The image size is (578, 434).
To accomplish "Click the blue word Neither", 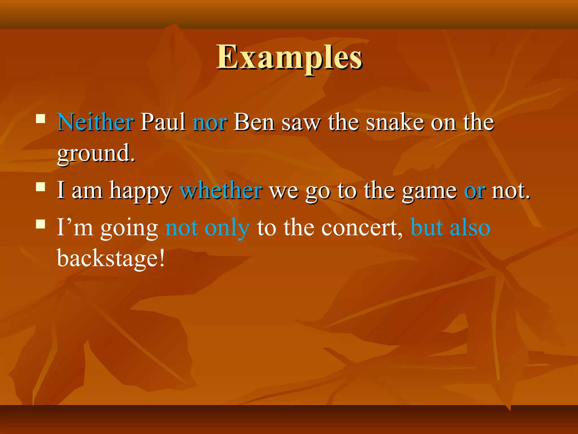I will coord(95,122).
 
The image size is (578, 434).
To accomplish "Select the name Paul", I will coord(163,122).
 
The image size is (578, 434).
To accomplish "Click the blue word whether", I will coord(221,190).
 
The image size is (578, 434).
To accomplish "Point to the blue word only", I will coord(227,228).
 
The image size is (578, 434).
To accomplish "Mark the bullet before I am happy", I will coord(41,187).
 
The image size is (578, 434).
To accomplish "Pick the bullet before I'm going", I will coord(41,224).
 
